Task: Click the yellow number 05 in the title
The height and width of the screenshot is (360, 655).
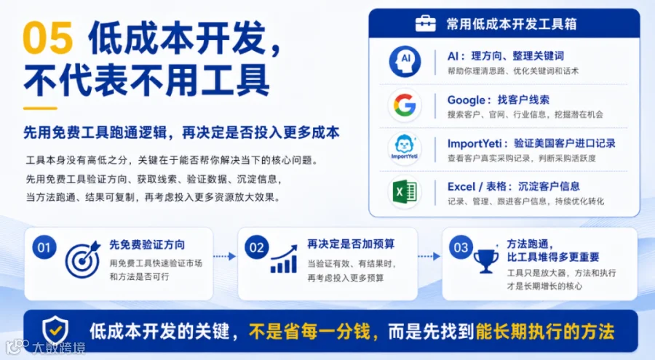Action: tap(49, 38)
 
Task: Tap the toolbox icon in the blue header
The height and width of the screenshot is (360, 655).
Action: tap(425, 23)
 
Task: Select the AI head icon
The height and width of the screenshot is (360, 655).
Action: tap(405, 62)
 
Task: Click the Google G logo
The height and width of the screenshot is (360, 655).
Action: tap(405, 105)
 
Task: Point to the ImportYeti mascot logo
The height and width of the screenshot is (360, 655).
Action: tap(405, 148)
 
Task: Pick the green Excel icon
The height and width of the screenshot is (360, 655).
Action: tap(405, 192)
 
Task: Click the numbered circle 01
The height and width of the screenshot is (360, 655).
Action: tap(44, 247)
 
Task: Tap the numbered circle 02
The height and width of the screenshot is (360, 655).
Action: tap(256, 247)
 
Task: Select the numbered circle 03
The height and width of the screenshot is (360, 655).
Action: tap(461, 247)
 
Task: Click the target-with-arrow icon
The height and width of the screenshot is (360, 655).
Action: tap(83, 260)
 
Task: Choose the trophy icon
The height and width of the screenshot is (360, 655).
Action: tap(486, 261)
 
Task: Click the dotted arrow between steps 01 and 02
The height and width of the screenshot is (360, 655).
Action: tap(225, 256)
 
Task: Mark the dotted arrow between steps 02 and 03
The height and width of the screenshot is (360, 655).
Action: tap(429, 256)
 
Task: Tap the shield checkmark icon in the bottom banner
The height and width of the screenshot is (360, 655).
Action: tap(55, 330)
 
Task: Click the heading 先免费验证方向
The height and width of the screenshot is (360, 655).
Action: tap(147, 245)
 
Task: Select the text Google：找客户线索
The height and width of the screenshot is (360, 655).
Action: tap(499, 100)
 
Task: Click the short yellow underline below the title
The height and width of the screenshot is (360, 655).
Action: tap(40, 108)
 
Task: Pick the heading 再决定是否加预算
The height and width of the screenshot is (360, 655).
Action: tap(351, 244)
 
